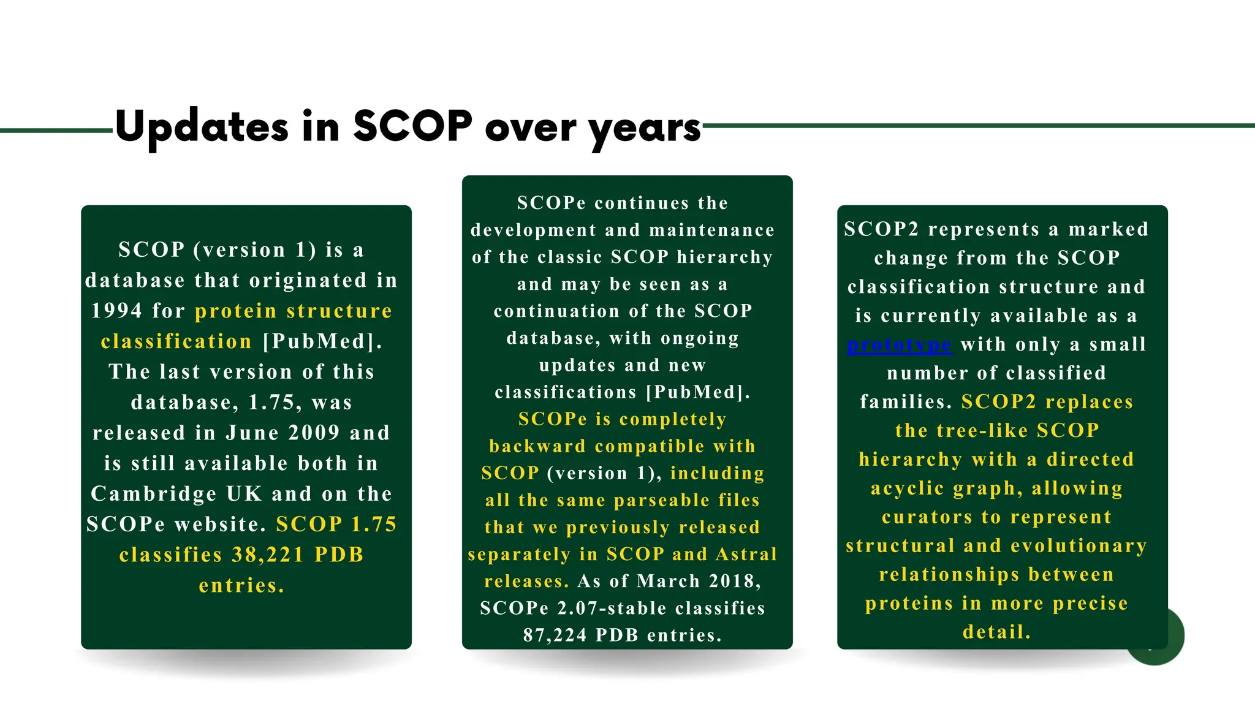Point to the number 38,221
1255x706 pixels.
click(268, 555)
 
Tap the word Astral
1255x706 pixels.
click(746, 554)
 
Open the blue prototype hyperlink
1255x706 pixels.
click(899, 345)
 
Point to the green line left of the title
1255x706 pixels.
click(55, 131)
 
